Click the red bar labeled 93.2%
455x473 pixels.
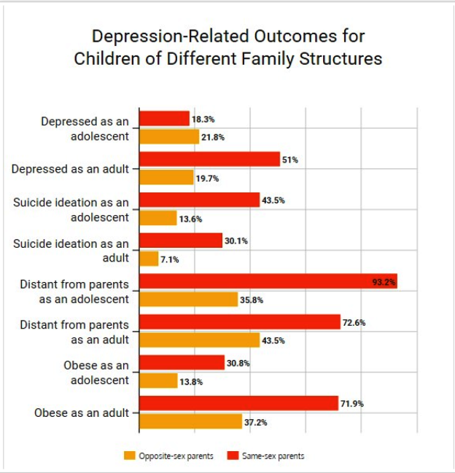268,281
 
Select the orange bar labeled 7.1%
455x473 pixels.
149,259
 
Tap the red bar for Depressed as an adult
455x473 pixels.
209,159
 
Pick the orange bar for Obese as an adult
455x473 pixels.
190,421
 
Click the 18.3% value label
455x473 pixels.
203,119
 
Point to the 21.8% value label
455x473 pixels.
212,137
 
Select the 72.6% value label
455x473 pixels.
354,322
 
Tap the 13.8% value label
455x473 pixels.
190,381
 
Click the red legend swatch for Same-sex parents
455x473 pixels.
233,456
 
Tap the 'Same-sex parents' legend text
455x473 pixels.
273,456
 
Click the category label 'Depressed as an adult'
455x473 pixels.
70,168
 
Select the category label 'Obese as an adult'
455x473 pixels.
82,413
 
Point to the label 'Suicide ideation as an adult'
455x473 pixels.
71,251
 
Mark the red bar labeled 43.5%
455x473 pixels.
199,200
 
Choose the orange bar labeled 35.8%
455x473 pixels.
188,300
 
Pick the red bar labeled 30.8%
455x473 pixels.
182,363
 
